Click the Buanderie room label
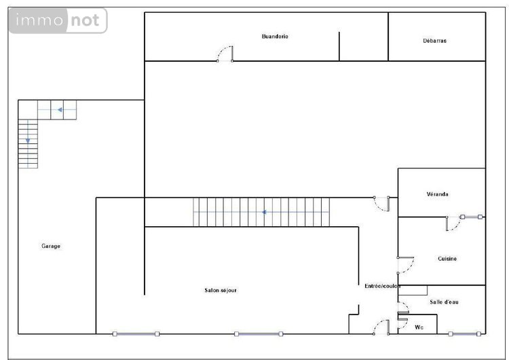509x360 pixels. click(x=275, y=36)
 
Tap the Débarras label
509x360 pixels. click(x=434, y=41)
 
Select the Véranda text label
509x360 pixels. click(x=438, y=194)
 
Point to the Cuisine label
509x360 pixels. click(x=447, y=258)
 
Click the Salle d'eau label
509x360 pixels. click(x=444, y=302)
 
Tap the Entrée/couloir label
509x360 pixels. click(x=382, y=286)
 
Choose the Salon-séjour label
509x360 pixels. click(x=221, y=290)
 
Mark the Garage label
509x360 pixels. click(x=51, y=246)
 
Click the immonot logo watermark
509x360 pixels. click(x=58, y=21)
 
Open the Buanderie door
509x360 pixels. click(x=225, y=54)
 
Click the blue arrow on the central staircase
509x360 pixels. click(x=263, y=212)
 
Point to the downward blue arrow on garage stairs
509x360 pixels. click(x=28, y=140)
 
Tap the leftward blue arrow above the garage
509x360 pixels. click(x=60, y=109)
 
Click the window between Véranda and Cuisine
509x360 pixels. click(x=471, y=217)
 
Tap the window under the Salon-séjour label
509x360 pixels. click(x=258, y=334)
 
